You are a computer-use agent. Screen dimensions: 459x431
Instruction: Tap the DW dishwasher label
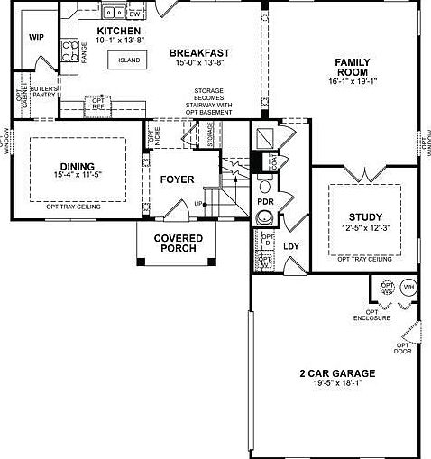[x=134, y=15]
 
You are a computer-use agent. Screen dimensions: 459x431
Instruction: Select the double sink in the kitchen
[x=114, y=13]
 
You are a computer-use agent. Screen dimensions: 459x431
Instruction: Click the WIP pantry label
[x=36, y=38]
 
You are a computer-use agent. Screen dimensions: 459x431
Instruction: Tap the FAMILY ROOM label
[x=353, y=68]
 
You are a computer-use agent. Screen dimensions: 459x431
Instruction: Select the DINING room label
[x=77, y=166]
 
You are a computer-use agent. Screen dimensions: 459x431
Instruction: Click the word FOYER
[x=177, y=179]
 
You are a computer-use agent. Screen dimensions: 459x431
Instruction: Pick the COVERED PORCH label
[x=178, y=243]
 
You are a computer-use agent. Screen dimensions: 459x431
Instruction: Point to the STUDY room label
[x=365, y=216]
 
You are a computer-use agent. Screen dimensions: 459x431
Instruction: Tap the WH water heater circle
[x=408, y=287]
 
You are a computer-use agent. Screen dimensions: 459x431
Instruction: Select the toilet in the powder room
[x=265, y=219]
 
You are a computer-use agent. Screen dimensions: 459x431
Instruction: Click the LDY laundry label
[x=291, y=245]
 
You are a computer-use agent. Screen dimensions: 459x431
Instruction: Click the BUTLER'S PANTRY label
[x=43, y=91]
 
